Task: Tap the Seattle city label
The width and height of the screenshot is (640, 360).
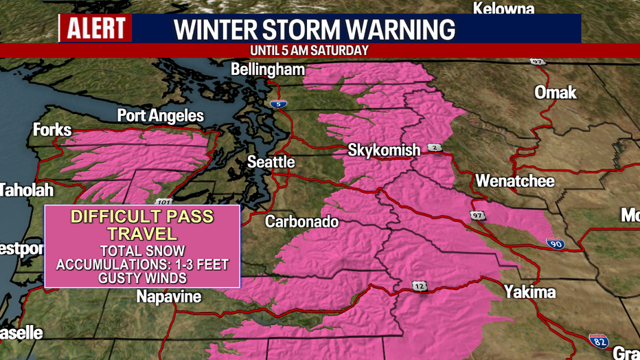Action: (271, 162)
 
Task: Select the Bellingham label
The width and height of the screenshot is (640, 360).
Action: (268, 69)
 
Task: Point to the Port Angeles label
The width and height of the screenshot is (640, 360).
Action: (161, 115)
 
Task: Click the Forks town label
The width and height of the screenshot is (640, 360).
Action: (52, 130)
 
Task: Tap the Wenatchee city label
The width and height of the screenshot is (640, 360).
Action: (515, 182)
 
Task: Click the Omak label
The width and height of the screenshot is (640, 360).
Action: (556, 92)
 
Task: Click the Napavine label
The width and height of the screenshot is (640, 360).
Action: (169, 297)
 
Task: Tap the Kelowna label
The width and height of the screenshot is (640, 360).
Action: (503, 9)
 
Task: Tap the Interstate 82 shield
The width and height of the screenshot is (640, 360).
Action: (598, 340)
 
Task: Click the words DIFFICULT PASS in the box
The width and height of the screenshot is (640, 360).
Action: (143, 217)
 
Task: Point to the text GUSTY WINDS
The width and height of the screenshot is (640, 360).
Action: (142, 278)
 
